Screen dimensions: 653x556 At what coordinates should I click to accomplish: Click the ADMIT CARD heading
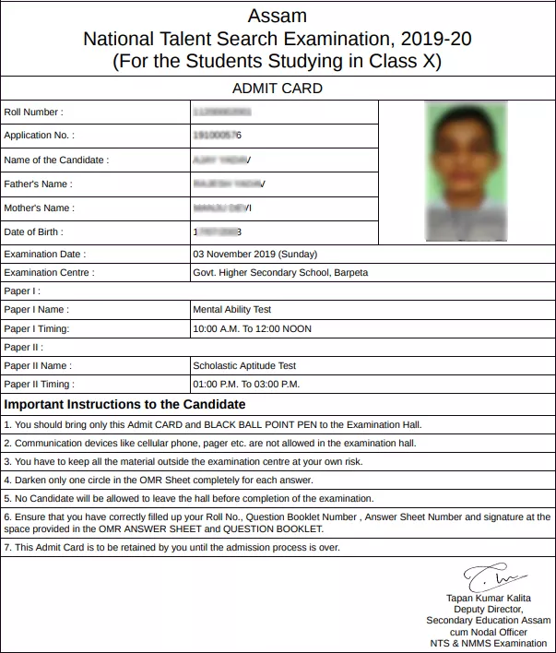pos(277,89)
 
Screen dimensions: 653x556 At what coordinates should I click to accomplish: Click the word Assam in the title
pos(277,16)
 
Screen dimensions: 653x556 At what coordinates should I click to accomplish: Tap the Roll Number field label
pos(34,113)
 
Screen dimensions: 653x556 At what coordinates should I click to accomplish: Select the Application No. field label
pos(40,137)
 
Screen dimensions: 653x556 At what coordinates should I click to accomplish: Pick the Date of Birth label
pos(34,232)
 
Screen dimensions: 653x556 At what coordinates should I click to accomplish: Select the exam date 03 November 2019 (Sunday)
pos(254,254)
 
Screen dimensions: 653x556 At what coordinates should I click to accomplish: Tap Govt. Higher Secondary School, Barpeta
pos(279,273)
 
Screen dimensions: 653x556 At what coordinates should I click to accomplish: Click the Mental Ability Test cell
pos(231,310)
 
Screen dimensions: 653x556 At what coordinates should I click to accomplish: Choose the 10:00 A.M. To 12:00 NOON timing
pos(252,329)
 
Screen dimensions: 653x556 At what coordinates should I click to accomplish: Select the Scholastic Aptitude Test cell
pos(243,366)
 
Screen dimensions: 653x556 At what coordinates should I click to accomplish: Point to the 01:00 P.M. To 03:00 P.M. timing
pos(246,385)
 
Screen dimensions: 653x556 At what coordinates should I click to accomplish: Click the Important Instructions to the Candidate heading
pos(125,405)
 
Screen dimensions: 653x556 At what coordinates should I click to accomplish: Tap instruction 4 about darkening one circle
pos(160,481)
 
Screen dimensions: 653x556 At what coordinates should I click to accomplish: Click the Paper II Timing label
pos(39,385)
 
